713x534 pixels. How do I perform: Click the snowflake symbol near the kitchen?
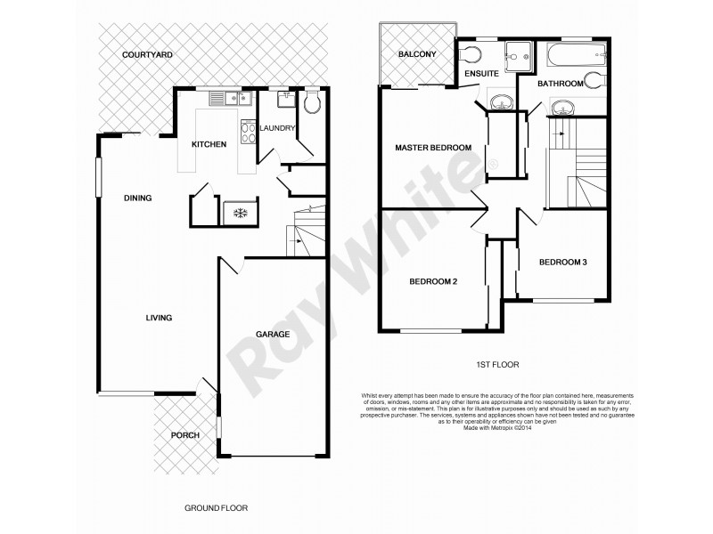tap(238, 213)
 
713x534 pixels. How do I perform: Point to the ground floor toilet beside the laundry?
tap(310, 104)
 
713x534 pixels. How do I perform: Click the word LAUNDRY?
tap(278, 128)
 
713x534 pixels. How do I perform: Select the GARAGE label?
tap(273, 334)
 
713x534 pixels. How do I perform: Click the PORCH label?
tap(185, 436)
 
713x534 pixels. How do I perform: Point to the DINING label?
tap(138, 198)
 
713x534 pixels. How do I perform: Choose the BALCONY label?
tap(417, 55)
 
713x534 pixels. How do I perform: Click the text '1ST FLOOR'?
tap(497, 364)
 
